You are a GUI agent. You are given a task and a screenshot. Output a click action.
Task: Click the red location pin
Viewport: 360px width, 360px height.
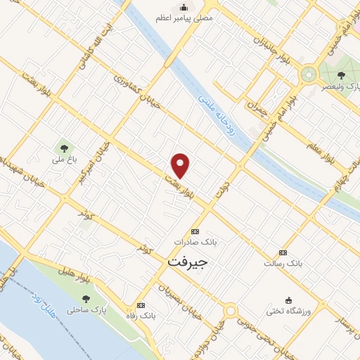[181, 166]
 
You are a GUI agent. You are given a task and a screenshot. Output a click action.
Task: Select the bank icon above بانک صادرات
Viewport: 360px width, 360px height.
[195, 231]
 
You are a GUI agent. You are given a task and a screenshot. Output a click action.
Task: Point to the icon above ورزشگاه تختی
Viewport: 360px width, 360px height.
[288, 300]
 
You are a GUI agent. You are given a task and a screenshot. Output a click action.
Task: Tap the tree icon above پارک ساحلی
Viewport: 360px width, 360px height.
[89, 298]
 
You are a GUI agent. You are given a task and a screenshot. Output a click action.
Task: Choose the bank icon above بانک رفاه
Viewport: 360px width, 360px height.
[141, 306]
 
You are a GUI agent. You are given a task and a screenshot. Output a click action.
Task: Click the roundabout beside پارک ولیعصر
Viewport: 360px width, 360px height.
[308, 73]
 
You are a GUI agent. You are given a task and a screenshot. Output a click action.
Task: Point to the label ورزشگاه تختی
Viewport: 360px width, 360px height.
[288, 310]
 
